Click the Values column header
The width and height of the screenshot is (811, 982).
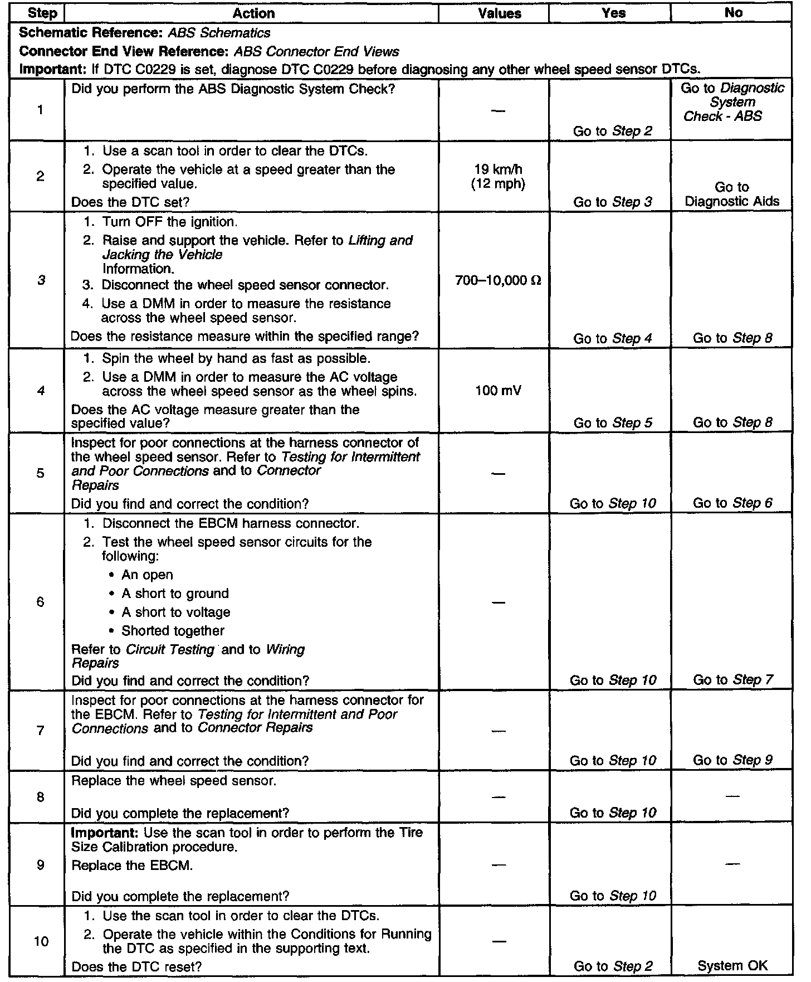pos(500,13)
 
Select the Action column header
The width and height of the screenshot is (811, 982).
pos(253,13)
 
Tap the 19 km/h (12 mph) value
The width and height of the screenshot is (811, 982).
pos(499,177)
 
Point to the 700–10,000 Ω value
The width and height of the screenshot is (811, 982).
pos(498,280)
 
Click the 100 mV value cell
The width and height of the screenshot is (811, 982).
pos(498,391)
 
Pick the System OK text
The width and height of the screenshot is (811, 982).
pos(732,966)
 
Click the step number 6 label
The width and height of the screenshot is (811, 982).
pos(40,602)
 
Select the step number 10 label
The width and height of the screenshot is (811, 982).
pos(41,941)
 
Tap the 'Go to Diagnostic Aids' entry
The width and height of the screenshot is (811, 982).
pos(732,195)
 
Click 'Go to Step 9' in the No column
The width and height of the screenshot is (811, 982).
pos(732,760)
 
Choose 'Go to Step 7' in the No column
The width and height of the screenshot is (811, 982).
pos(732,680)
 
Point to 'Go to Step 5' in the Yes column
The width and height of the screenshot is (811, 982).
pos(613,423)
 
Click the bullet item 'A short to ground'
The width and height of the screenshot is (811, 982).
pos(175,594)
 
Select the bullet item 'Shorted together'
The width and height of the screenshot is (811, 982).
pos(173,631)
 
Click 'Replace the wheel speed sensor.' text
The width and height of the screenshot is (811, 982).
pos(174,781)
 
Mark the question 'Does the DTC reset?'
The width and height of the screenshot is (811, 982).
pos(136,966)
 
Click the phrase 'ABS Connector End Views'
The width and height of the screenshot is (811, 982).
pos(316,52)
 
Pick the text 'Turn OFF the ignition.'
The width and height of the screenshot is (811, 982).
pos(169,222)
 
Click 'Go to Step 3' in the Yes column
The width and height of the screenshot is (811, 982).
pos(613,202)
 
